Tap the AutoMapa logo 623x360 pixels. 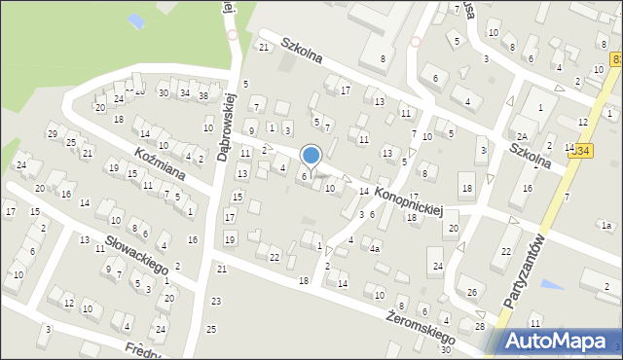561,342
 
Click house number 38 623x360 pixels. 203,96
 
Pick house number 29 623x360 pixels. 53,133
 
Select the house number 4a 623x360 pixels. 375,248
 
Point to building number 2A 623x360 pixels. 522,136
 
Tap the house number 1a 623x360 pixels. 605,226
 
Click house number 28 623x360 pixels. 479,326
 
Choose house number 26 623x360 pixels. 472,291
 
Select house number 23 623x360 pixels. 215,301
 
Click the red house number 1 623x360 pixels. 319,245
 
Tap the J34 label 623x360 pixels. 581,150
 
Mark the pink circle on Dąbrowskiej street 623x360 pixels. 232,35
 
